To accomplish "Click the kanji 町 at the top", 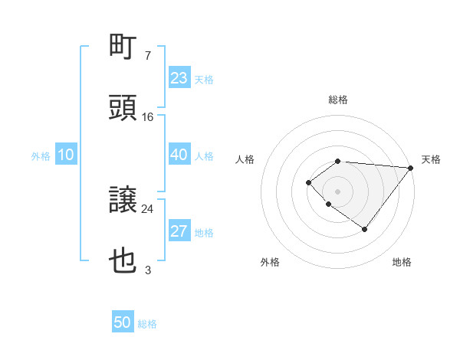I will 123,48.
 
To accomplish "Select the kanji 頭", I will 123,109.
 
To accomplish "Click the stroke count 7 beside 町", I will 147,56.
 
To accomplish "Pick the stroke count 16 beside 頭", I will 148,117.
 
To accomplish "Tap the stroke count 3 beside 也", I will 147,270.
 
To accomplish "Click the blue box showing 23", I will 179,78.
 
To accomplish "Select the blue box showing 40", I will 179,155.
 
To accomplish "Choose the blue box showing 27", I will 179,232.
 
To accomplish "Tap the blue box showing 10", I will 65,155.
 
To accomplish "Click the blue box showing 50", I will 123,323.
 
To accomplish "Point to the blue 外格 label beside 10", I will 41,156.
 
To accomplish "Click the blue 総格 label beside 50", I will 147,324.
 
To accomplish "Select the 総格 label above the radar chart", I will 338,100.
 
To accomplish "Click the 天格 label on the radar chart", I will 431,159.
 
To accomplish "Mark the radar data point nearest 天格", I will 410,168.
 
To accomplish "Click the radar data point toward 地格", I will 365,229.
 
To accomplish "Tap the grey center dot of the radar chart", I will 337,191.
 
